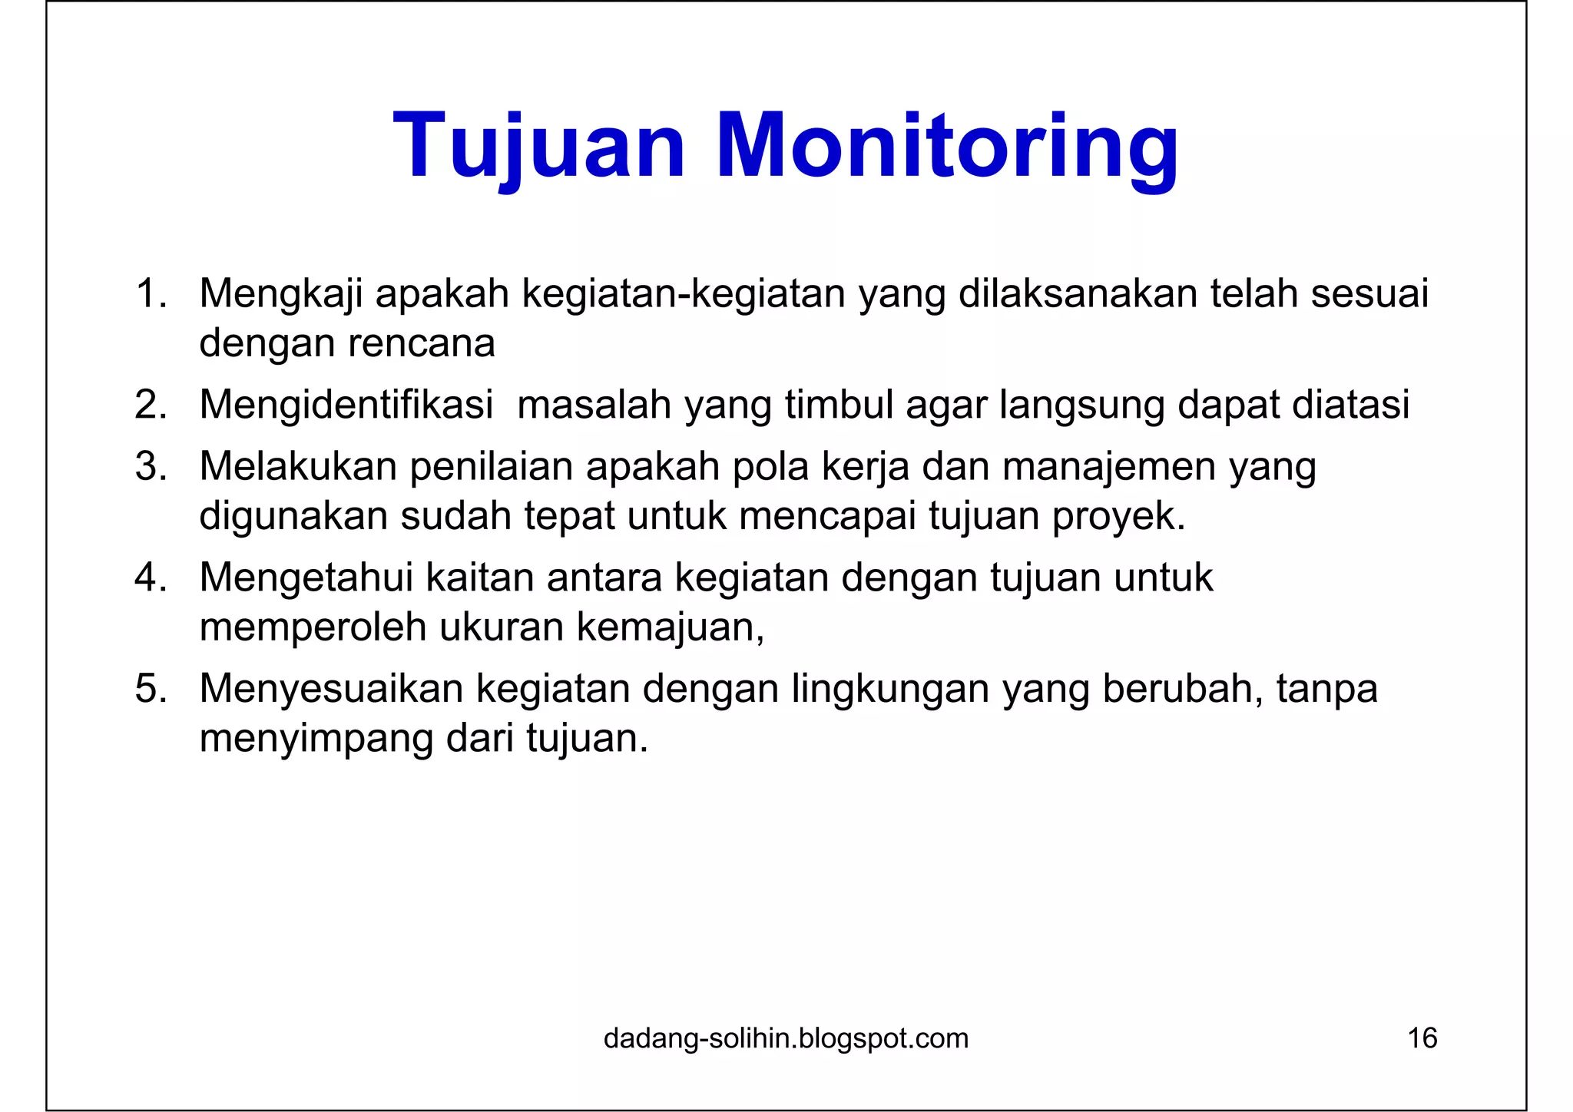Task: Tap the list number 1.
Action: point(151,294)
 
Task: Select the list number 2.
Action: point(151,405)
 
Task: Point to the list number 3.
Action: point(151,466)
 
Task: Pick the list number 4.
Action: point(151,578)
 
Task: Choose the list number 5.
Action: point(151,688)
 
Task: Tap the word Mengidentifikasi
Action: point(346,405)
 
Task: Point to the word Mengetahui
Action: point(306,578)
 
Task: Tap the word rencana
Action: point(422,343)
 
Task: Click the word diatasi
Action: point(1351,405)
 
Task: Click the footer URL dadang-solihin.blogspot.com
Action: point(786,1038)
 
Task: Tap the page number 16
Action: point(1422,1038)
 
